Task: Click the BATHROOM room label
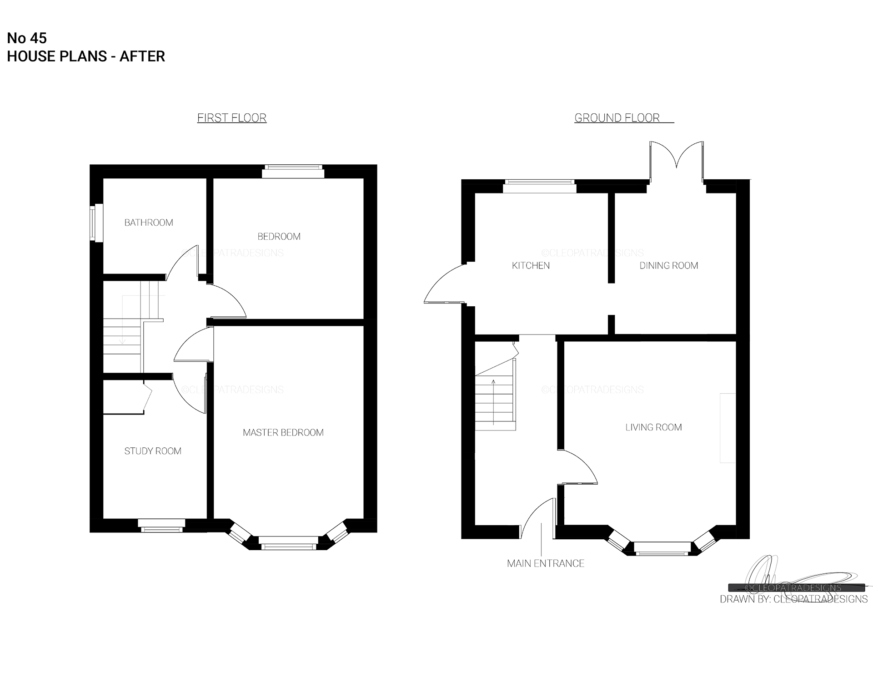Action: pos(149,223)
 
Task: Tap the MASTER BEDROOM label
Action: pos(283,432)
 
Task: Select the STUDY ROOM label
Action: pos(153,451)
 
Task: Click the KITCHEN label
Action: pos(531,265)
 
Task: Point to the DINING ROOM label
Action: pos(669,265)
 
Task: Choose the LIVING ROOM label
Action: pos(653,427)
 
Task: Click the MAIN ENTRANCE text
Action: pos(546,563)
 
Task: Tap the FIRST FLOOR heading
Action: pos(232,118)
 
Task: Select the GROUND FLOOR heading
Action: pos(617,118)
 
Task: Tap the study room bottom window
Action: pos(161,526)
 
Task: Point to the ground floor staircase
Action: pos(496,394)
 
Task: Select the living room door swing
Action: pos(578,466)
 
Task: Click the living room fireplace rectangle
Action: pos(727,428)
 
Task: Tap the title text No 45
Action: pos(27,38)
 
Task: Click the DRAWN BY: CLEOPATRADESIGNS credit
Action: pos(793,599)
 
